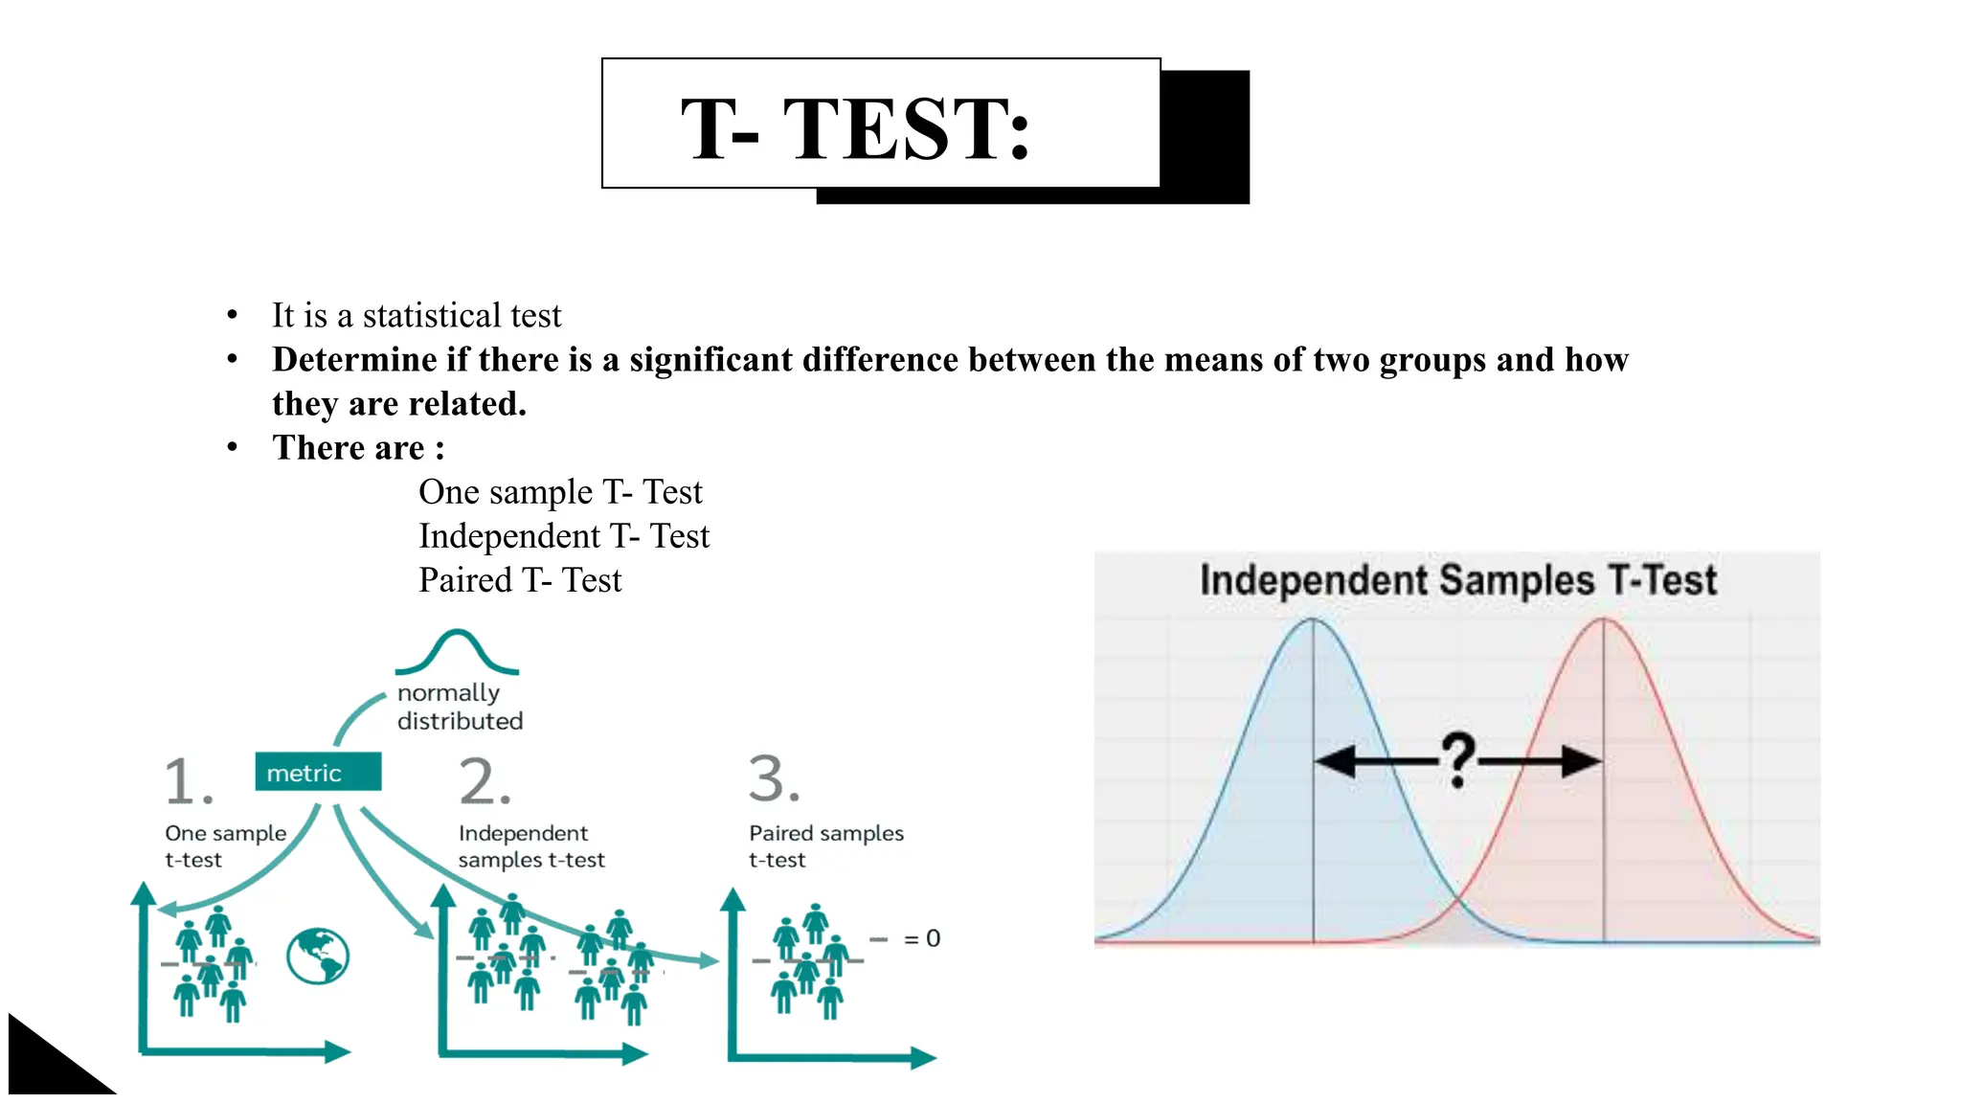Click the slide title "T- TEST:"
click(854, 128)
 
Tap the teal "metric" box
click(318, 773)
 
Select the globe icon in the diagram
click(318, 956)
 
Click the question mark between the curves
click(1457, 760)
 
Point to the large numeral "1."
click(189, 781)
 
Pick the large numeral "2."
click(485, 781)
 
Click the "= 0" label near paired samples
click(922, 938)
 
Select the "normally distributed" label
click(460, 707)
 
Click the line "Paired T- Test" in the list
click(520, 580)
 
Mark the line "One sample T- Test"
click(560, 492)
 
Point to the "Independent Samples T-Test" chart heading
click(1457, 580)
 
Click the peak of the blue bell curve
click(1312, 620)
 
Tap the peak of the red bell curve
click(1604, 620)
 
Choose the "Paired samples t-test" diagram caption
click(825, 846)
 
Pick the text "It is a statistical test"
click(417, 315)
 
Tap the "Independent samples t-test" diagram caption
click(531, 846)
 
